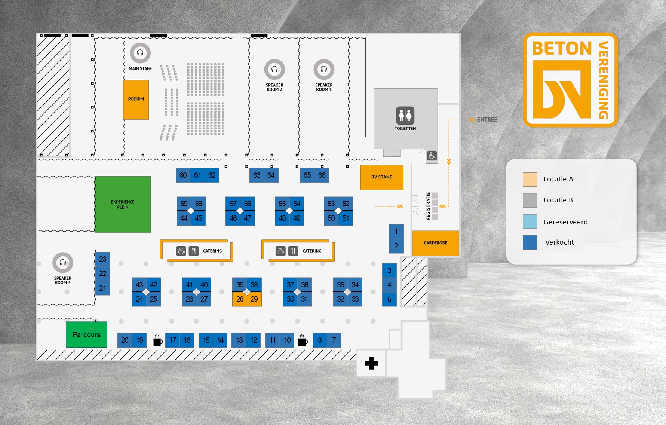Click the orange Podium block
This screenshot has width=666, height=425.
[136, 100]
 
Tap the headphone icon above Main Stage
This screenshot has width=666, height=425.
[140, 53]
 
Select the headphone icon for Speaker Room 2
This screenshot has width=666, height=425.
[274, 69]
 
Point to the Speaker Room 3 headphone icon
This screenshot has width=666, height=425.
[63, 262]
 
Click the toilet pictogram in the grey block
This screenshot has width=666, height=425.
[405, 115]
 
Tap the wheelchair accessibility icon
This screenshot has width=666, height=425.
[432, 156]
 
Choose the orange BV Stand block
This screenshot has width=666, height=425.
[382, 177]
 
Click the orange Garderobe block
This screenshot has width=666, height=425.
[435, 243]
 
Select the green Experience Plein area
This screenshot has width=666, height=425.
[123, 204]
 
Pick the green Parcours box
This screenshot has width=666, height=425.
[86, 334]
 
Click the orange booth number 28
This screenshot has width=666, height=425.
[240, 299]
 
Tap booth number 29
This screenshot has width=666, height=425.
[254, 299]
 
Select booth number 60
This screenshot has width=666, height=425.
[183, 175]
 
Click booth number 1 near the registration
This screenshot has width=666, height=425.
[396, 232]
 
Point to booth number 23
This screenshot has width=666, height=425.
[102, 259]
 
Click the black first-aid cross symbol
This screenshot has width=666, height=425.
[371, 363]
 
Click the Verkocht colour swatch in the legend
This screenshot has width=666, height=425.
[530, 242]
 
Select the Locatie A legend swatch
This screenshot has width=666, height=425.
[530, 180]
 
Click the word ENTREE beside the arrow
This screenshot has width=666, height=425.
[487, 120]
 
